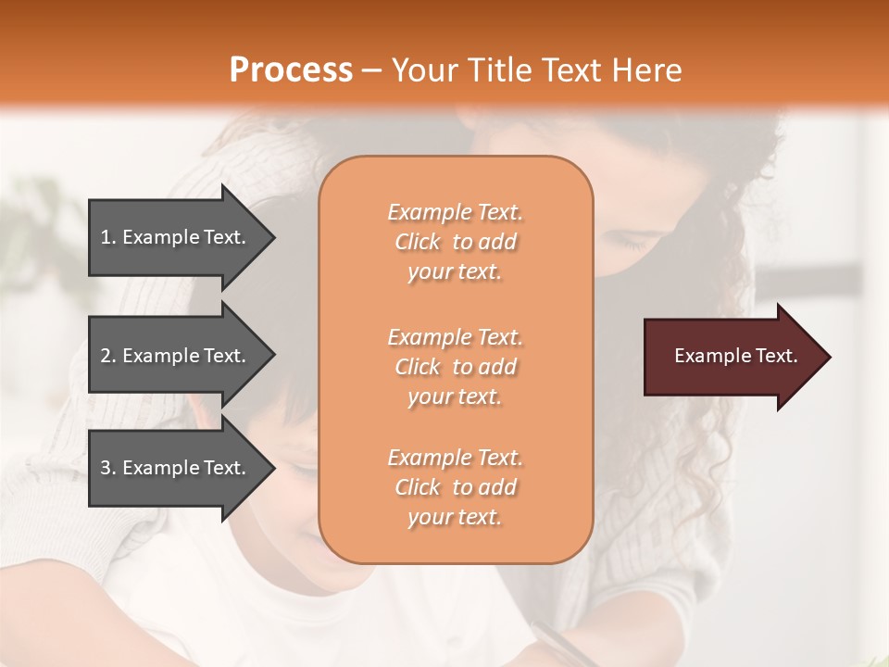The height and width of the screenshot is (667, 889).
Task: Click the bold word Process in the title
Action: tap(291, 70)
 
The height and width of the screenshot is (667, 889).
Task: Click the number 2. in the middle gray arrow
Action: tap(107, 356)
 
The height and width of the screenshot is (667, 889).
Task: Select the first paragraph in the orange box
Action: tap(455, 242)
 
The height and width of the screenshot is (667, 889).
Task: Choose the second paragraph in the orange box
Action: tap(455, 367)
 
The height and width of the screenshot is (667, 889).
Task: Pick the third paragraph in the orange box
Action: tap(455, 487)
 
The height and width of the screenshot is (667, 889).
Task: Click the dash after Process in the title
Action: tap(371, 70)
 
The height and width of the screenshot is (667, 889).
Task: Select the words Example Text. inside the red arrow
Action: tap(735, 356)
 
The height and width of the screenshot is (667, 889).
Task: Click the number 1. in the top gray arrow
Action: tap(107, 237)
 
